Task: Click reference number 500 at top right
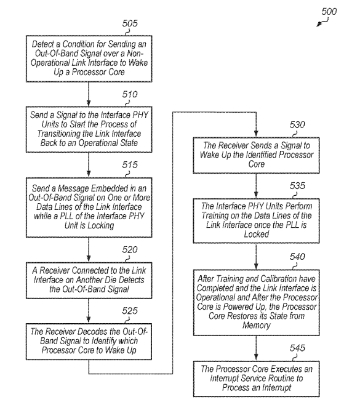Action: coord(329,12)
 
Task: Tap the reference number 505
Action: coord(130,23)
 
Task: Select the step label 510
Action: coord(130,94)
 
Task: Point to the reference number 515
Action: coord(130,165)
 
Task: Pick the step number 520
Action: coord(130,250)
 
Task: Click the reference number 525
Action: coord(130,311)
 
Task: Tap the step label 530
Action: coord(297,125)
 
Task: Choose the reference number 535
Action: coord(297,186)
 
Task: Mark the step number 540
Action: coord(297,257)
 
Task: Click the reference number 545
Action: coord(297,348)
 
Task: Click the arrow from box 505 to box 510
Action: coord(89,94)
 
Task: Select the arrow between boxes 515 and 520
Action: coord(89,250)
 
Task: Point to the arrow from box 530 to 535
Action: coord(256,186)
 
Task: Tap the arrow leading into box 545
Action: coord(256,348)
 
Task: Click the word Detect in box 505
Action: coord(43,44)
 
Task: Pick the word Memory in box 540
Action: coord(256,326)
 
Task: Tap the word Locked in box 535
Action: coord(256,234)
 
